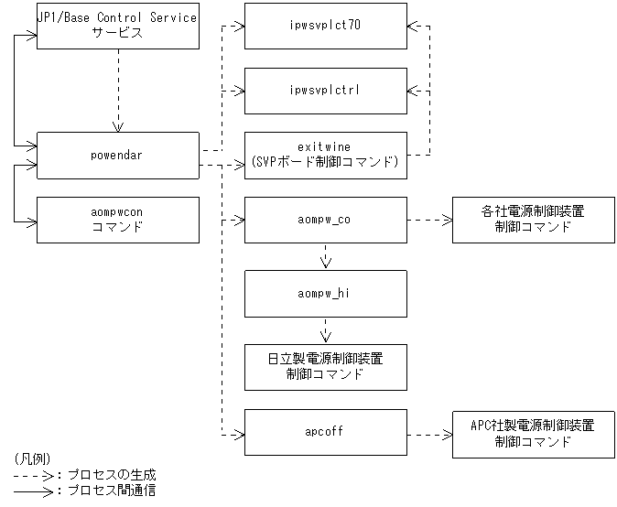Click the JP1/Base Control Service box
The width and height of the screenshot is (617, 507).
click(117, 26)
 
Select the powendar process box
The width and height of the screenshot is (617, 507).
click(117, 155)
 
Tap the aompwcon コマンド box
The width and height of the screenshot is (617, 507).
click(117, 220)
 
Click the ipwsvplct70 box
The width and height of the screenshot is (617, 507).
click(325, 27)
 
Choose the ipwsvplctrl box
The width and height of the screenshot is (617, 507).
click(325, 91)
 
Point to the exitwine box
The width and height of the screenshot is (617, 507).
click(325, 155)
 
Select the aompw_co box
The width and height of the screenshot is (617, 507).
click(325, 220)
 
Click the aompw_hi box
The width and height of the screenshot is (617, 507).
click(325, 292)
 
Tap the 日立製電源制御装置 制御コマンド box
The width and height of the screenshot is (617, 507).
click(325, 366)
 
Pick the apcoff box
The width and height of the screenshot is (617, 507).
click(325, 431)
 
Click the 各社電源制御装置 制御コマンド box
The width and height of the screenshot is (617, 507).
click(533, 220)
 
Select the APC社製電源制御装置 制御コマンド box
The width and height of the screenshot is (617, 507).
click(533, 432)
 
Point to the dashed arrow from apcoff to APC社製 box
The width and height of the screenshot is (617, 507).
click(428, 432)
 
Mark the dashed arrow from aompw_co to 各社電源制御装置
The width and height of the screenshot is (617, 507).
click(428, 220)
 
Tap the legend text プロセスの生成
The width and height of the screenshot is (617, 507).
click(111, 475)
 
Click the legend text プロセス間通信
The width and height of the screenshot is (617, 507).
click(111, 491)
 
